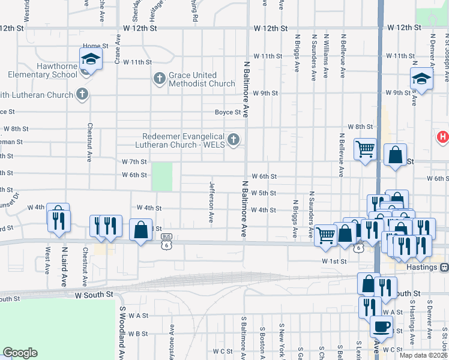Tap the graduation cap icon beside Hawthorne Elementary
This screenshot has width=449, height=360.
91,59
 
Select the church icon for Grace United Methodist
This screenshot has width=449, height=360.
159,79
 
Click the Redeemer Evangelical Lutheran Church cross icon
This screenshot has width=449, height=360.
234,140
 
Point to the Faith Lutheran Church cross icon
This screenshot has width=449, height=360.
82,94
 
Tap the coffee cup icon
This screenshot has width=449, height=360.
382,328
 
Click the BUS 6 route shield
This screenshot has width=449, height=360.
166,245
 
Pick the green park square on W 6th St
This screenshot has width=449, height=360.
161,176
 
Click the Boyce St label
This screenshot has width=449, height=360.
228,112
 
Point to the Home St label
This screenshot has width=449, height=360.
95,46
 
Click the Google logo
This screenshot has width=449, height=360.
20,353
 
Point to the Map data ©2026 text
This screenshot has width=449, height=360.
424,355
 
